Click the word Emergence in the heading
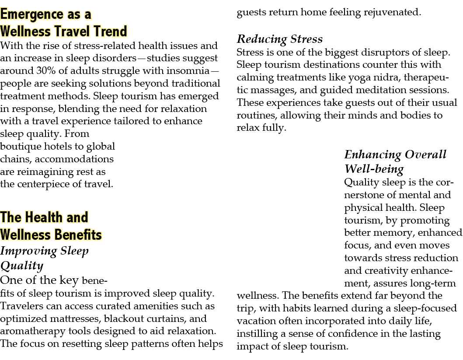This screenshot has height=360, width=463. (32, 14)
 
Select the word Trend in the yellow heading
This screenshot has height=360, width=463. (110, 31)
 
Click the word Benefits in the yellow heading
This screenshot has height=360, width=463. (78, 235)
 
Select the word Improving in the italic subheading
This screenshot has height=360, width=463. (29, 252)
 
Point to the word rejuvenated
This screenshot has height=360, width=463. (392, 12)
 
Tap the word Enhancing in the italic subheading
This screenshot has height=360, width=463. (372, 155)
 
